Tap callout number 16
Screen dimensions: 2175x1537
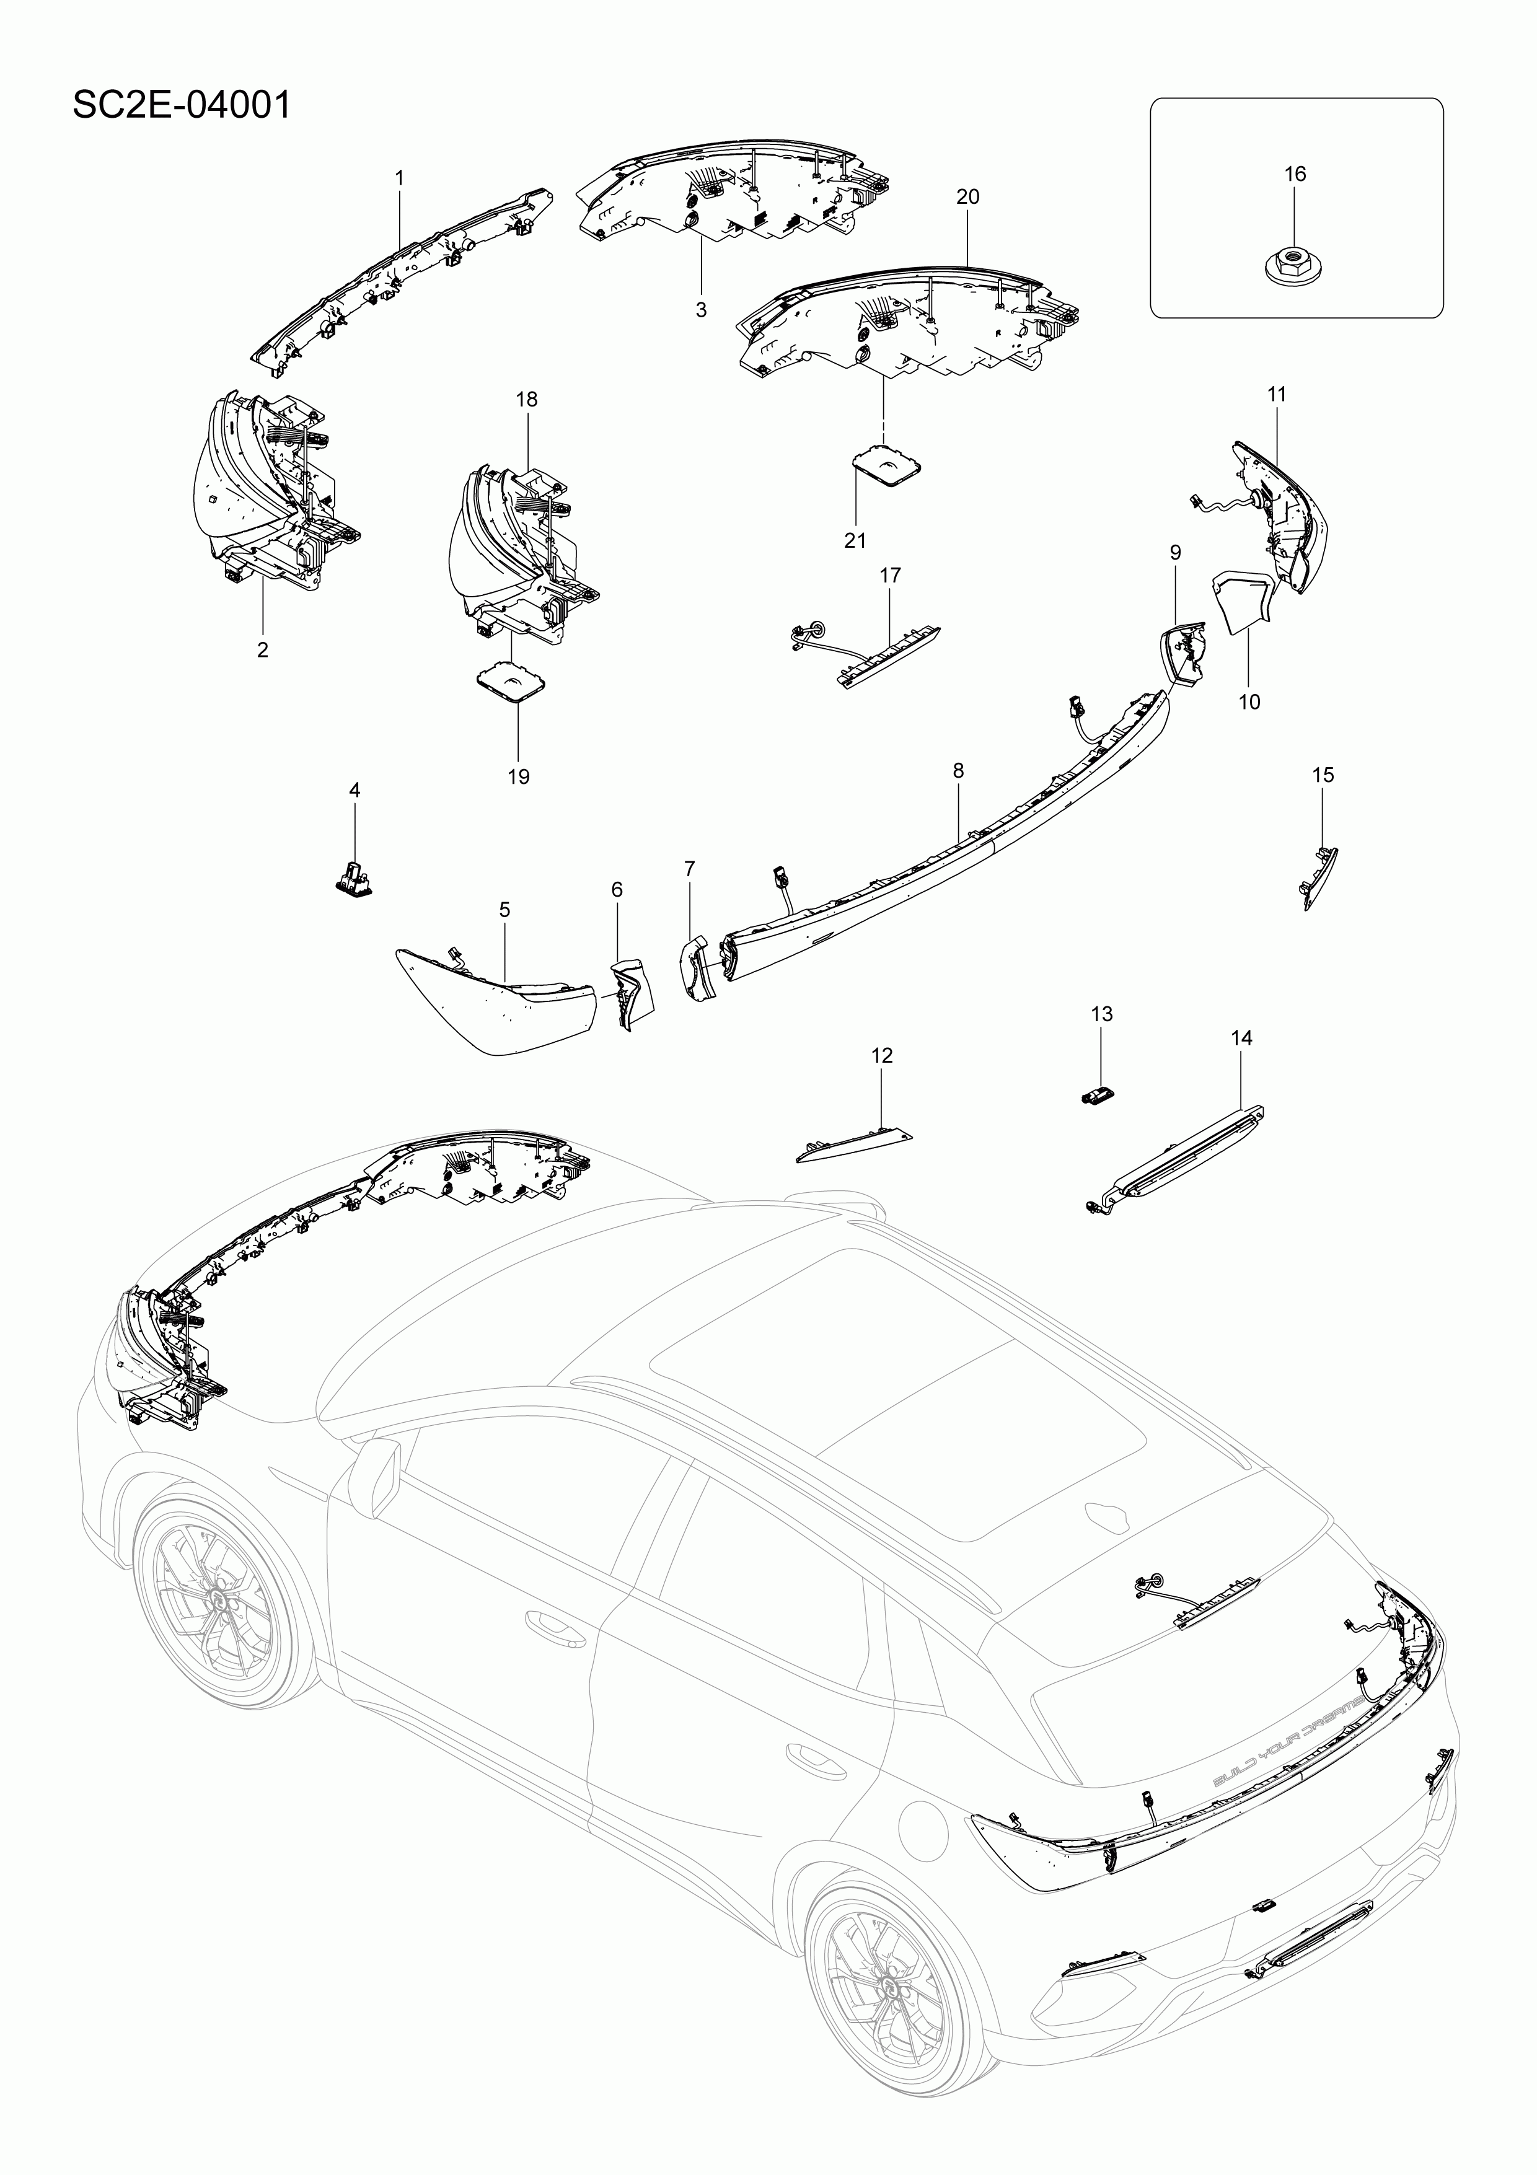point(1295,174)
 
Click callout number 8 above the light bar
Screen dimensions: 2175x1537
point(958,771)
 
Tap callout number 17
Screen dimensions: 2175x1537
point(890,575)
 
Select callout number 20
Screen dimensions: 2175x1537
point(967,197)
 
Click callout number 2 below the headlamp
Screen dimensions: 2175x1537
point(263,650)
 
